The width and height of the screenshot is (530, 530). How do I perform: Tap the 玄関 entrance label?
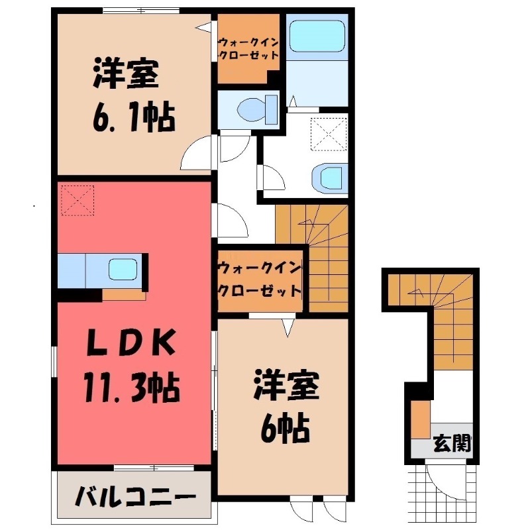(452, 443)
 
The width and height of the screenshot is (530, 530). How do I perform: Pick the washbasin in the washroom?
(329, 178)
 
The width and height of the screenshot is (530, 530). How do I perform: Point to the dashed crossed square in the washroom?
(329, 132)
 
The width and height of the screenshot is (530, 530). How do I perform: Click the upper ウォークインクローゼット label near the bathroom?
(248, 47)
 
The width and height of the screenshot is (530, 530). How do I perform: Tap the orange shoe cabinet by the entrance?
(419, 419)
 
